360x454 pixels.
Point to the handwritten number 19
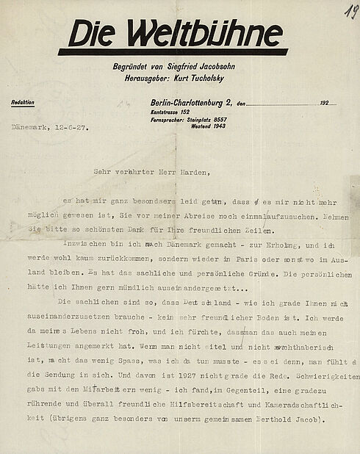[348, 10]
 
